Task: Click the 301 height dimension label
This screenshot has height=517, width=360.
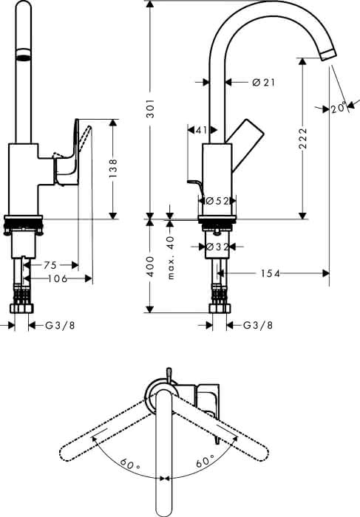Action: (151, 108)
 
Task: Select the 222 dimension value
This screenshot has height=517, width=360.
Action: (303, 138)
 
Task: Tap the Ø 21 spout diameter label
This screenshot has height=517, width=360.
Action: (263, 82)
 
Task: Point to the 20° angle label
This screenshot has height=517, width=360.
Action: (339, 108)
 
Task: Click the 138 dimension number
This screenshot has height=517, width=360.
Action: (113, 168)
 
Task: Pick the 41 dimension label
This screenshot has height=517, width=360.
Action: (201, 130)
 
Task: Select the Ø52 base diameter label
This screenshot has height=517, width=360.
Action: (217, 201)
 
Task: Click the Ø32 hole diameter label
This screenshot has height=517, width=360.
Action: (217, 246)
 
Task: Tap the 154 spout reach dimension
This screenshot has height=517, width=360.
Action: (271, 273)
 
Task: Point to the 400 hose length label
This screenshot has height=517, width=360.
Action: (150, 267)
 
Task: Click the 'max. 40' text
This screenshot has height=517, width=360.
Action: (170, 258)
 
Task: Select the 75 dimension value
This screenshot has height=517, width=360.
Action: (50, 264)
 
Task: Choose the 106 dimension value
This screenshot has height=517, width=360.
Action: (58, 278)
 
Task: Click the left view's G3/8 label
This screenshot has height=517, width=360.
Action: (60, 326)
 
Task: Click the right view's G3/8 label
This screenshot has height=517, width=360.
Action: (258, 326)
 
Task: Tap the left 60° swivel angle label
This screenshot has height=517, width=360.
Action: (129, 465)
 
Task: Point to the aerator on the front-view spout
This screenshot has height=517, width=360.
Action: (24, 55)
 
